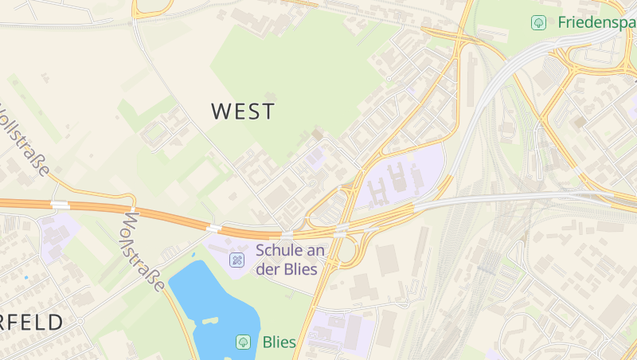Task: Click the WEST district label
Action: pyautogui.click(x=243, y=112)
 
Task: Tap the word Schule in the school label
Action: pyautogui.click(x=279, y=250)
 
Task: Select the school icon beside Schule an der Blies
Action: pyautogui.click(x=236, y=260)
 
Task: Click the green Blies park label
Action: pyautogui.click(x=279, y=342)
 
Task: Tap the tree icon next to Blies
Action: pyautogui.click(x=243, y=342)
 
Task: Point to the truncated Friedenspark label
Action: pyautogui.click(x=596, y=22)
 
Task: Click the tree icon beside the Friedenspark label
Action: pyautogui.click(x=538, y=22)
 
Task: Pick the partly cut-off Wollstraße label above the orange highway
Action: pyautogui.click(x=27, y=140)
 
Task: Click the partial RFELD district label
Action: pyautogui.click(x=32, y=323)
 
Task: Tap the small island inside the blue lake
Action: pyautogui.click(x=210, y=320)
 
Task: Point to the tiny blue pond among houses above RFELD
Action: pyautogui.click(x=26, y=277)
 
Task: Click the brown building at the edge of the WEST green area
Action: pyautogui.click(x=318, y=135)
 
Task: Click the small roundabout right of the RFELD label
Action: pyautogui.click(x=80, y=319)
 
